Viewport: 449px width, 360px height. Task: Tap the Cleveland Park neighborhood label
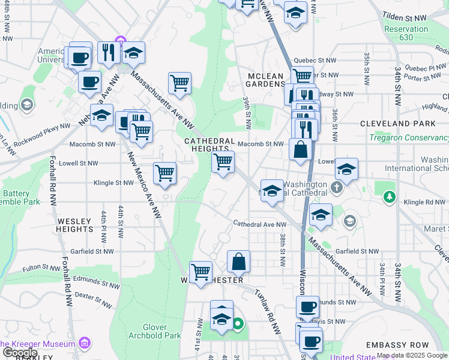click(x=397, y=124)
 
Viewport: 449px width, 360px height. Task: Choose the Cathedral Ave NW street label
click(x=260, y=225)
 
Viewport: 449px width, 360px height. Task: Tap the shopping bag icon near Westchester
click(x=239, y=261)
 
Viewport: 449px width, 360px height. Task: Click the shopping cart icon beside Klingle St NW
click(x=164, y=173)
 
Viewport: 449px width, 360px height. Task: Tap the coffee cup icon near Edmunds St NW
click(x=307, y=307)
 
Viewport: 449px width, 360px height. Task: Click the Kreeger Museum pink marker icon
click(x=85, y=344)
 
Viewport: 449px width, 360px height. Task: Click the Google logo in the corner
click(x=19, y=353)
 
